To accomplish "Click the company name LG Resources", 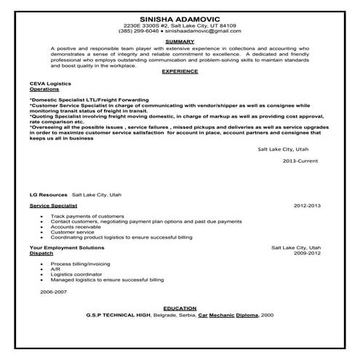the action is pyautogui.click(x=45, y=196).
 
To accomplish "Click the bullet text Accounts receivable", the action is pyautogui.click(x=76, y=226).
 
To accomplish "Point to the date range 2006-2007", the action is pyautogui.click(x=54, y=291).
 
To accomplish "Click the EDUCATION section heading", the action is pyautogui.click(x=179, y=308).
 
